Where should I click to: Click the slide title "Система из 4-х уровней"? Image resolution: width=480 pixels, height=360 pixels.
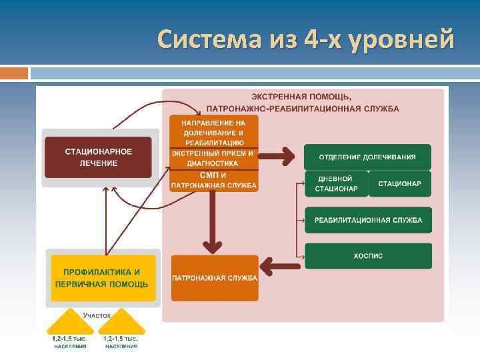[x=306, y=39]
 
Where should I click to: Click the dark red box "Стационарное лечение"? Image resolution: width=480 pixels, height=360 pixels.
[x=98, y=157]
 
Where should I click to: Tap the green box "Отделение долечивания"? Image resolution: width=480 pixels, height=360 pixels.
[x=367, y=157]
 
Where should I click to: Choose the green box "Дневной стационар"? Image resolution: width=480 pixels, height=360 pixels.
[x=337, y=183]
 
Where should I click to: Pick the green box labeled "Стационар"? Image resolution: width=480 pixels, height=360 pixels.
[x=400, y=183]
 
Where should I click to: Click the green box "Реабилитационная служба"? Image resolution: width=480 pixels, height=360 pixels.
[x=367, y=220]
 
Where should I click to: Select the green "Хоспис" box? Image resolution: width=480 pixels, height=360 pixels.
[x=367, y=256]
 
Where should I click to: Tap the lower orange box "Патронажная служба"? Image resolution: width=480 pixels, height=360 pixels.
[x=215, y=277]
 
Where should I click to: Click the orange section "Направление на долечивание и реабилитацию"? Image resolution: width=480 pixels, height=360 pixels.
[x=214, y=132]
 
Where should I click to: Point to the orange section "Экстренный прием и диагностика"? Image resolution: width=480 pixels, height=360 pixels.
[x=214, y=157]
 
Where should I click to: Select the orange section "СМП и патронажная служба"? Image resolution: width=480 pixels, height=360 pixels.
[x=214, y=181]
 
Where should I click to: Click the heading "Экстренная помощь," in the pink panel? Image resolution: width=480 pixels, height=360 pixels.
[x=302, y=97]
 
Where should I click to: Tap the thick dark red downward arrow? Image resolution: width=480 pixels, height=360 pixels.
[x=214, y=227]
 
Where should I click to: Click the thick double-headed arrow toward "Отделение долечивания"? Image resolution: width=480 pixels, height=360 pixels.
[x=279, y=157]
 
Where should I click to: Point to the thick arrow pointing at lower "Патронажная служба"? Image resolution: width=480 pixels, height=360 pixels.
[x=280, y=265]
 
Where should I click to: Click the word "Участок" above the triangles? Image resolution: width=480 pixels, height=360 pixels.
[x=97, y=314]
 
